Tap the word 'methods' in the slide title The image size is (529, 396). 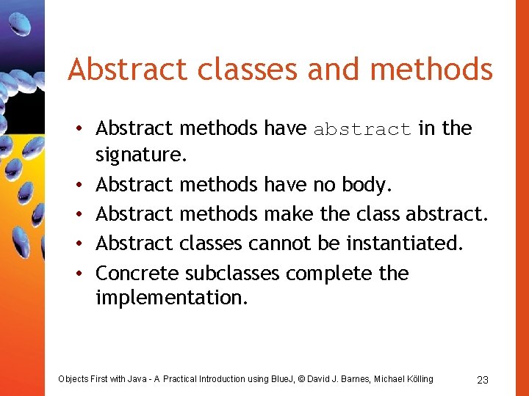click(x=431, y=69)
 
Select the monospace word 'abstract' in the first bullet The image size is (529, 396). click(x=362, y=130)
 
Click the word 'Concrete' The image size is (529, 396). click(x=137, y=273)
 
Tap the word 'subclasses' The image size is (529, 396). click(x=232, y=273)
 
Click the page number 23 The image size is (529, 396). click(x=483, y=379)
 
